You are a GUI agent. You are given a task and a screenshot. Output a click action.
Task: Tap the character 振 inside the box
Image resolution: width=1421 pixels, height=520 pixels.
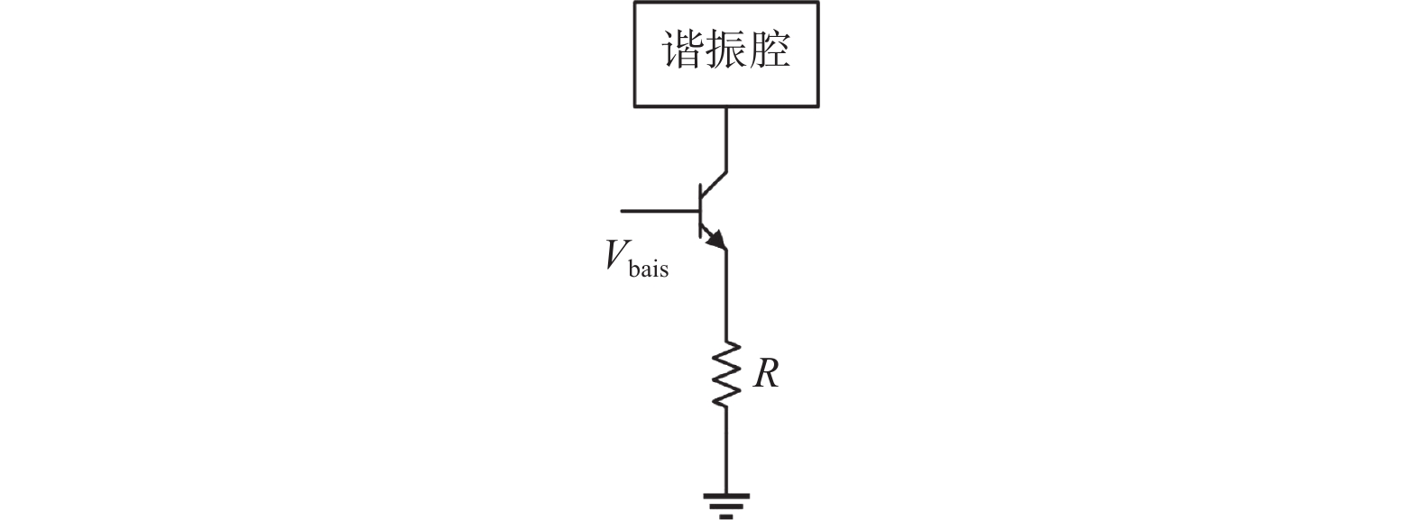[x=726, y=51]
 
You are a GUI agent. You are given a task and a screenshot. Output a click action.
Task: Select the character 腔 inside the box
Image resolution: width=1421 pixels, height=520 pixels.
[x=770, y=51]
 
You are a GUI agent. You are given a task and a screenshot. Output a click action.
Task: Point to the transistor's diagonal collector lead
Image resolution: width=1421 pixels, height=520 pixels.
[x=714, y=184]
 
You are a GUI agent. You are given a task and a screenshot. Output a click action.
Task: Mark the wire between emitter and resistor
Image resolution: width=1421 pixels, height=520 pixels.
[x=726, y=297]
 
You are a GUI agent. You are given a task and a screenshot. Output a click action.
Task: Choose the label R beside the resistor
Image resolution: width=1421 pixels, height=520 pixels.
[x=766, y=373]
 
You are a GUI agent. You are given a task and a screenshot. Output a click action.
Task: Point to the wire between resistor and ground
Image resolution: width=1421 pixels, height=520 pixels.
[x=726, y=451]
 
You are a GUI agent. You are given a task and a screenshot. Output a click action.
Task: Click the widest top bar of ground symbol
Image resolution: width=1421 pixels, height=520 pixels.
[x=726, y=495]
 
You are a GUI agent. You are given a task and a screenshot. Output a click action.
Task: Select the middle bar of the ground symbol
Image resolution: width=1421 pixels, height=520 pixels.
[x=726, y=506]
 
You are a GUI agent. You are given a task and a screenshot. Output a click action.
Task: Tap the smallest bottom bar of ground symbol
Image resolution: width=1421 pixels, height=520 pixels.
[x=726, y=516]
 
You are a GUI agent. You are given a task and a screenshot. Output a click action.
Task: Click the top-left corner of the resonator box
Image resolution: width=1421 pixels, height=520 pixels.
[x=635, y=3]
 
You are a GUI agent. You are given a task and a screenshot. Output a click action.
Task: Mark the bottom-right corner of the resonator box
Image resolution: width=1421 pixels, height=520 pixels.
[x=818, y=106]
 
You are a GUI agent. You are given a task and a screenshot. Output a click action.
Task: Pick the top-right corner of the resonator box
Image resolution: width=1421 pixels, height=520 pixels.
[x=818, y=3]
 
